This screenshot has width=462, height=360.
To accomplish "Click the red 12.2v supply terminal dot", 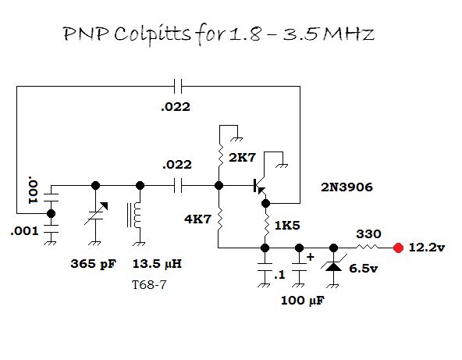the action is [398, 248].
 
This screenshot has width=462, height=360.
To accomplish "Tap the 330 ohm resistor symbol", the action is [367, 247].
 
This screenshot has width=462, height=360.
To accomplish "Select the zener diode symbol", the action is [333, 266].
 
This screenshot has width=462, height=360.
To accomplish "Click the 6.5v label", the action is [364, 269].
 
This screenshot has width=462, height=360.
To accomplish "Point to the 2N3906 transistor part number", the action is [346, 187].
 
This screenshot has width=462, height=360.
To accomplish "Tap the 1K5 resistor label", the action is [287, 226].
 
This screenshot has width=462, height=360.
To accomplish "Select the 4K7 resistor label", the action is [198, 219].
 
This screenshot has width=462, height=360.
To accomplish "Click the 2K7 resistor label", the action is [243, 158].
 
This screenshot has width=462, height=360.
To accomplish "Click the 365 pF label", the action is [94, 264].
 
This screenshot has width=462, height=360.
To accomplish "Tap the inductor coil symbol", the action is [135, 216].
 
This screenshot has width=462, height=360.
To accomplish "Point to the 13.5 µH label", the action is [157, 264].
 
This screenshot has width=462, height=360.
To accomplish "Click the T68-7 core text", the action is [149, 285].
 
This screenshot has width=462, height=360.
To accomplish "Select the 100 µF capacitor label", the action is [303, 301].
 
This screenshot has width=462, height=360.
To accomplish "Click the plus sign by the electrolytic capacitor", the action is [311, 257].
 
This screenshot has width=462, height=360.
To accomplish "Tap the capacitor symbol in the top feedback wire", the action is [178, 86].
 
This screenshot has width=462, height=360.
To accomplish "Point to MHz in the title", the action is [349, 34].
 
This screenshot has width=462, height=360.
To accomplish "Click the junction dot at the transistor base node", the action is [219, 186].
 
